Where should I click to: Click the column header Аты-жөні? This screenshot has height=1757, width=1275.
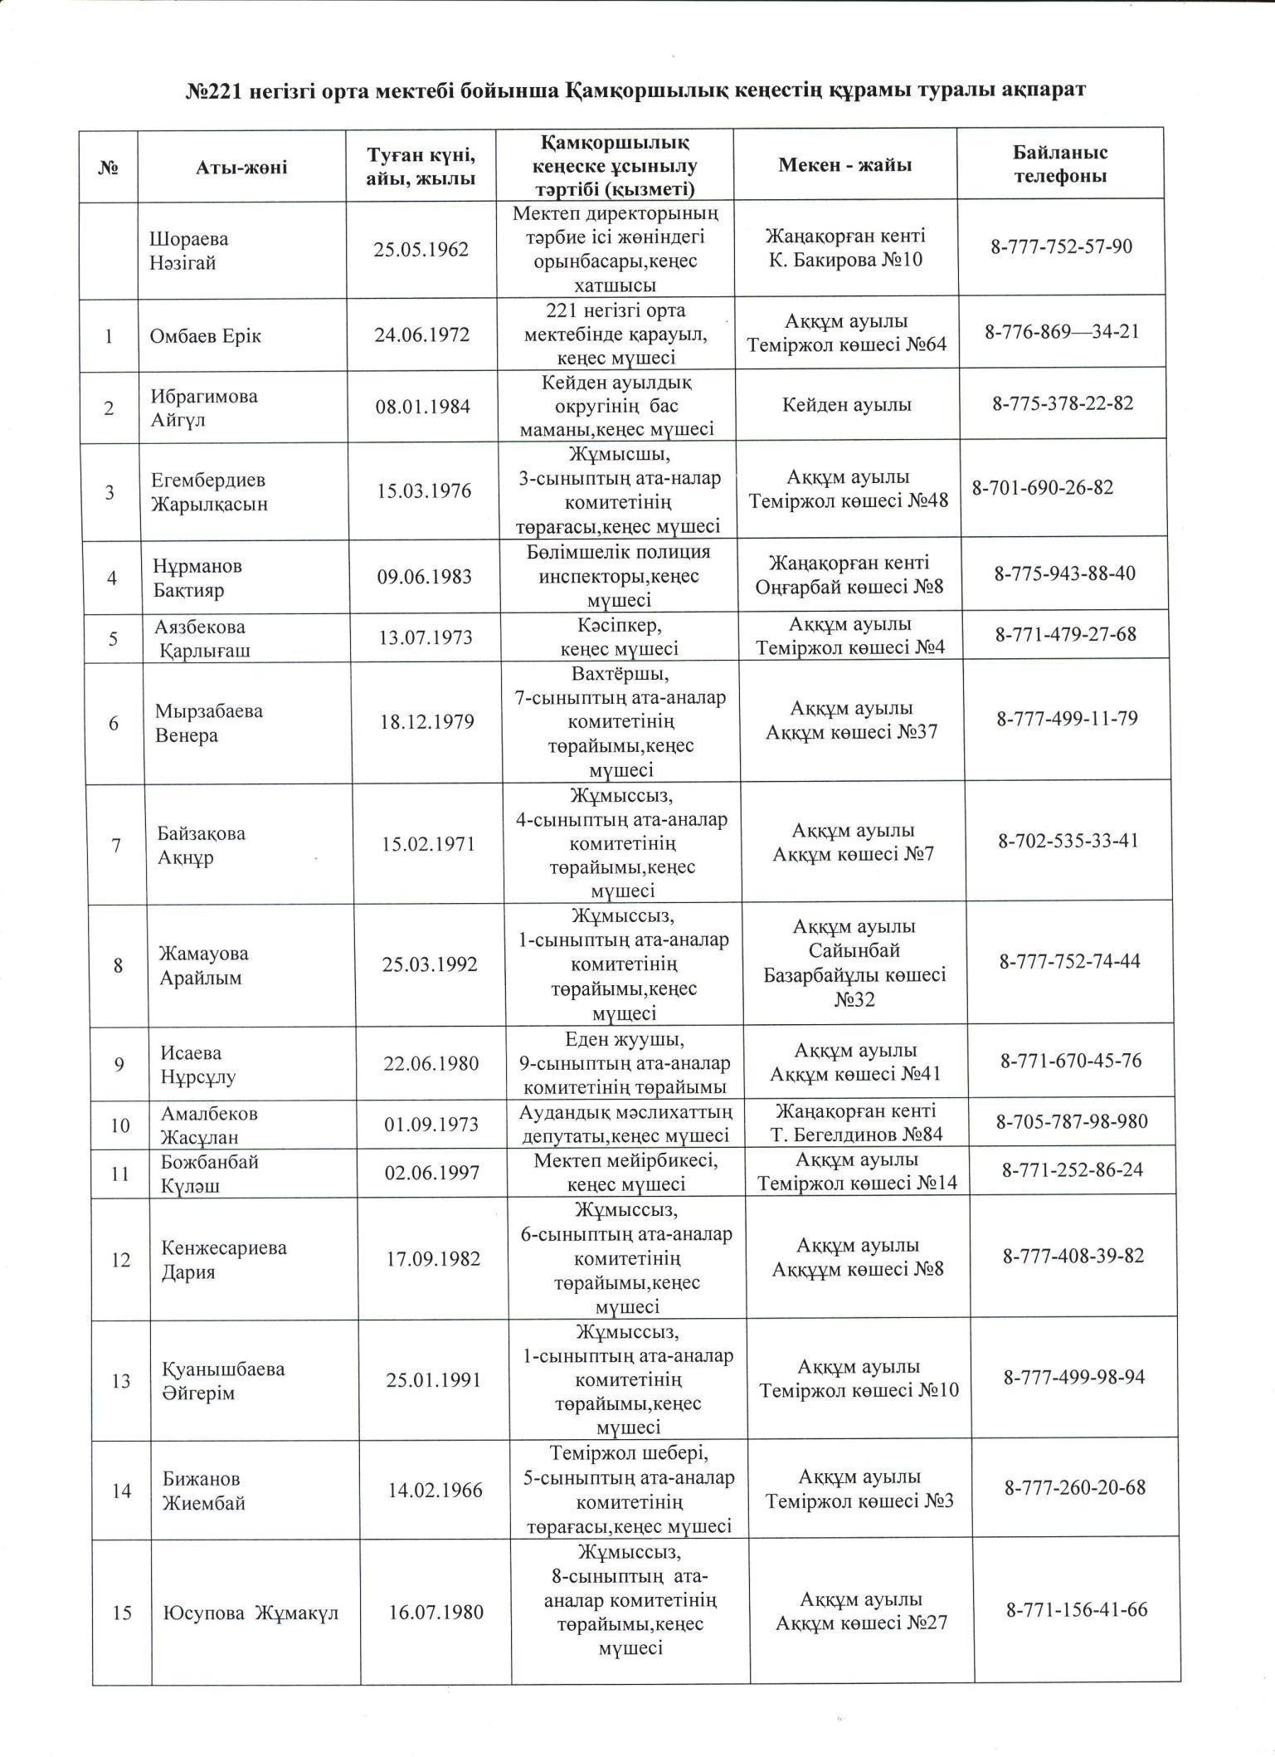coord(241,168)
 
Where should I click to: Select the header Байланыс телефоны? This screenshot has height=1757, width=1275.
coord(1059,164)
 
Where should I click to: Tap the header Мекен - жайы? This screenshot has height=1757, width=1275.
coord(844,165)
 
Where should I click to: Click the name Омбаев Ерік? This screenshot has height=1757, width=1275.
coord(205,336)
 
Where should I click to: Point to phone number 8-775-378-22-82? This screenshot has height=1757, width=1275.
coord(1063,404)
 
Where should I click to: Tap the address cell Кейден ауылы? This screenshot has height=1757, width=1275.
coord(847,405)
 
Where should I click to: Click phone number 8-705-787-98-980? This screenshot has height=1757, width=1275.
coord(1072,1122)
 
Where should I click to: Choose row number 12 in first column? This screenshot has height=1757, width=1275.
coord(120,1260)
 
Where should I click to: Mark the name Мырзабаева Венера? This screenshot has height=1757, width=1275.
coord(208,723)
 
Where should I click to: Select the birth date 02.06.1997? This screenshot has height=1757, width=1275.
coord(432,1173)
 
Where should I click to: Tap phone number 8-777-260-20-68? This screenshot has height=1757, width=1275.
coord(1075,1487)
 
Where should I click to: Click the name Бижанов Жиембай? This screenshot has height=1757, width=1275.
coord(202,1491)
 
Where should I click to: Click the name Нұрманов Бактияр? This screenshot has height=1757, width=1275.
coord(197,578)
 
